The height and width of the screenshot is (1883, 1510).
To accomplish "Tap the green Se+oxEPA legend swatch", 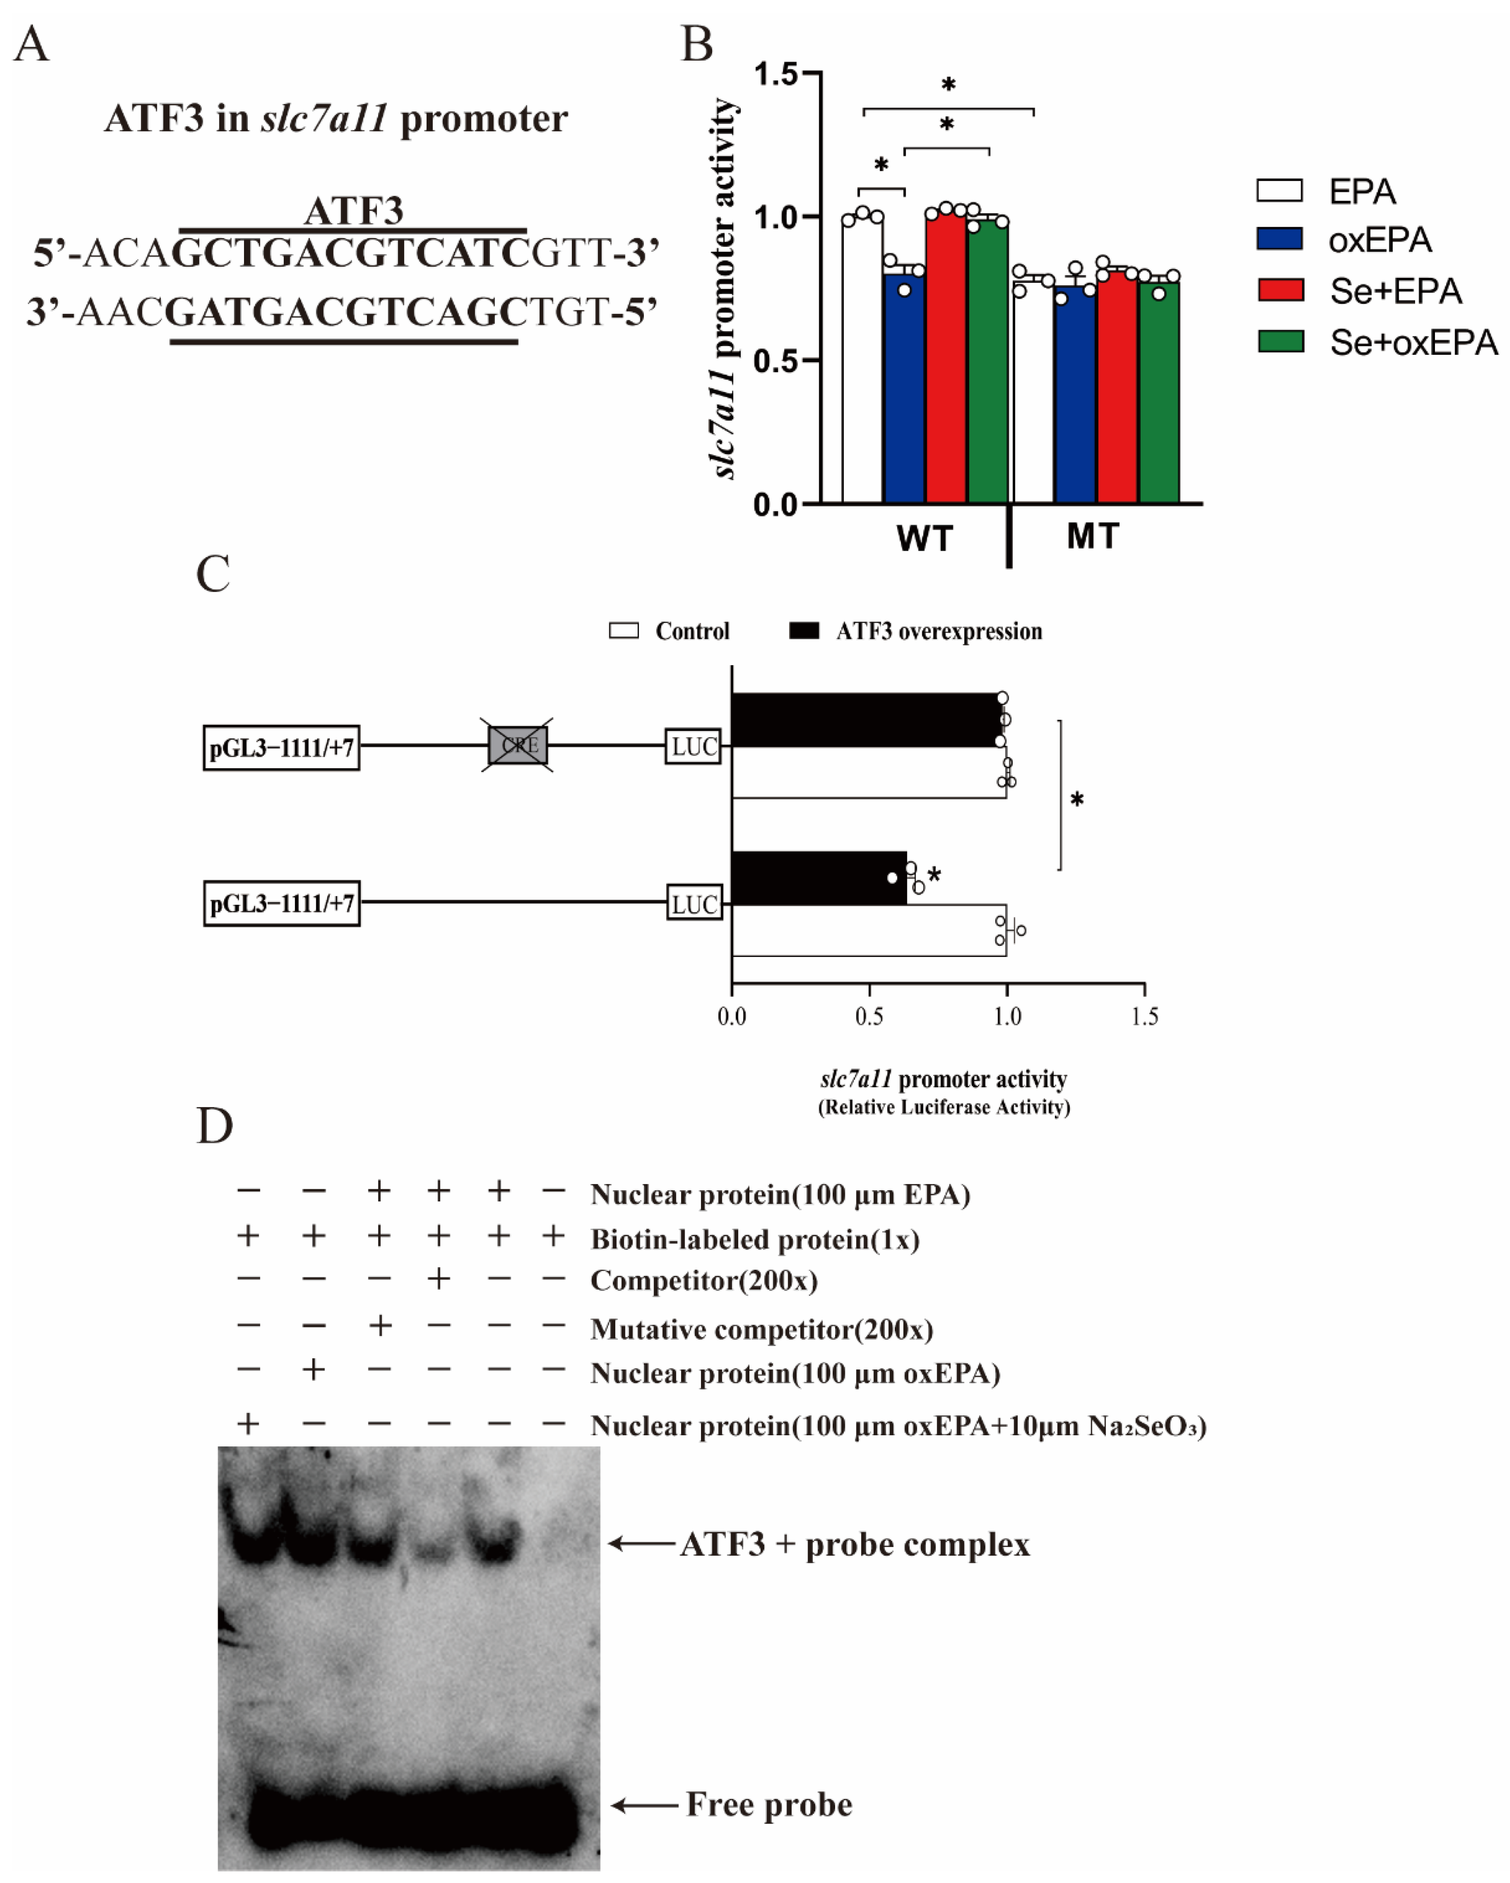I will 1281,341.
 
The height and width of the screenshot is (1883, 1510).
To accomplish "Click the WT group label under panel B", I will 924,538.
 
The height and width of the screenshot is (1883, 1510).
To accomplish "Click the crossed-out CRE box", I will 519,745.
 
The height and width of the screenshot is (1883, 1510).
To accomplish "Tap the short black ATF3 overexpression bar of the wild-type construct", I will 818,878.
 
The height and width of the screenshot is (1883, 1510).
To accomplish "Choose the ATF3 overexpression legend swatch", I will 804,631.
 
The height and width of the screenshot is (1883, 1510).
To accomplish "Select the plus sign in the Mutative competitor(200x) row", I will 379,1326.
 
